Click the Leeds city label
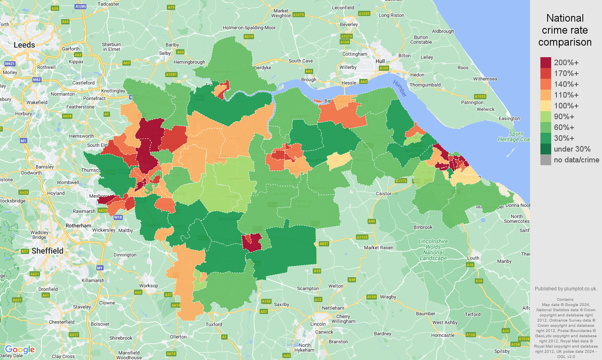(24, 45)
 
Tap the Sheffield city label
(47, 251)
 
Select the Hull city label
(380, 61)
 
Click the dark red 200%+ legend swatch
(546, 62)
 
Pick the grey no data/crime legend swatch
(546, 160)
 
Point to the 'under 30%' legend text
(572, 149)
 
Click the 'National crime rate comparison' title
(565, 30)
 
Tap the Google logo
(20, 350)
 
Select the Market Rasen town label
(378, 248)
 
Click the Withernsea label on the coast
(485, 79)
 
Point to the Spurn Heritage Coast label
(514, 137)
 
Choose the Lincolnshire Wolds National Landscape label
(433, 250)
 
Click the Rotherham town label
(78, 226)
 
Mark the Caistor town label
(384, 194)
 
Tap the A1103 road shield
(362, 237)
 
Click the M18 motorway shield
(118, 218)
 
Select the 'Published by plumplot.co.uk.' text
(566, 289)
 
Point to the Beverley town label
(349, 24)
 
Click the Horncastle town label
(443, 335)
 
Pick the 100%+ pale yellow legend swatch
(546, 106)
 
